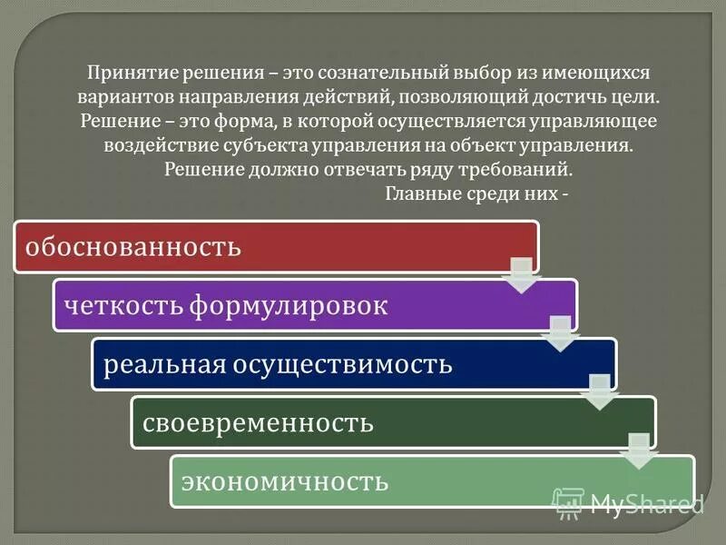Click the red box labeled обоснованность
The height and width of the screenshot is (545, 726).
pyautogui.click(x=272, y=246)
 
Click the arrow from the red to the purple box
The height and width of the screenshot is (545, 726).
pyautogui.click(x=521, y=274)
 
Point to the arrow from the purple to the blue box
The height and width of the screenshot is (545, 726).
pyautogui.click(x=560, y=333)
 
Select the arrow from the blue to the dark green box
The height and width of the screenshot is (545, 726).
pyautogui.click(x=599, y=392)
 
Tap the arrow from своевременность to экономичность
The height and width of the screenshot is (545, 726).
pyautogui.click(x=639, y=451)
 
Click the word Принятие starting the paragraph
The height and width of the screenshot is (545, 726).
pyautogui.click(x=123, y=72)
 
